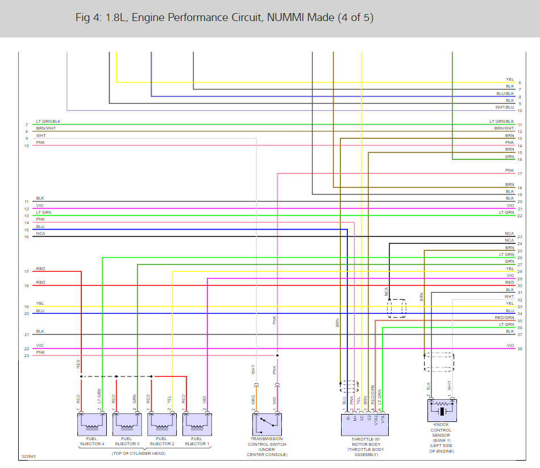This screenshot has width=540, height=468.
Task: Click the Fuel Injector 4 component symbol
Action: [x=92, y=424]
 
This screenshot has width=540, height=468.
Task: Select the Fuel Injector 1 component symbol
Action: [x=197, y=424]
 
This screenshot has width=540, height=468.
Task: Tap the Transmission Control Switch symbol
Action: [x=267, y=424]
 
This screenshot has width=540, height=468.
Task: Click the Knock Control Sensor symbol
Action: [x=441, y=410]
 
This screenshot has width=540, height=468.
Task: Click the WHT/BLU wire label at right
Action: [x=504, y=107]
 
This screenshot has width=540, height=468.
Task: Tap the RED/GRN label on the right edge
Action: [x=504, y=318]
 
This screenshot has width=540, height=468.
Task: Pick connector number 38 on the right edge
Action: [x=520, y=349]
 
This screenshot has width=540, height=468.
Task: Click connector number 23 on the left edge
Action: [x=26, y=355]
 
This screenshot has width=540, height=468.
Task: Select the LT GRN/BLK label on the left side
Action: [x=48, y=121]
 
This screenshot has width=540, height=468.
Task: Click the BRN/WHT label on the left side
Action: [x=45, y=129]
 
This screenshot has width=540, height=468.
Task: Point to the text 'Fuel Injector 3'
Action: [x=127, y=441]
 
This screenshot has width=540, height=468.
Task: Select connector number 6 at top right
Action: [x=520, y=83]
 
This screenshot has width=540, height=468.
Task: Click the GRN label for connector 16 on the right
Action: [x=509, y=156]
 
